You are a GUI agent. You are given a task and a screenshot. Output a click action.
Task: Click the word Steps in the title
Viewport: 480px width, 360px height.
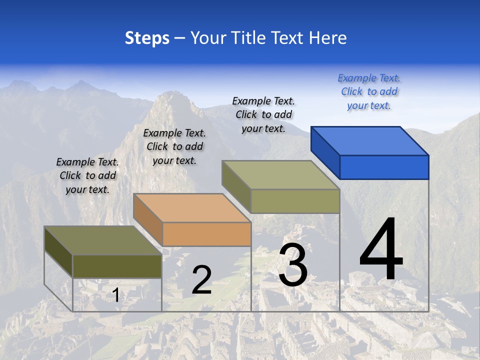point(147,38)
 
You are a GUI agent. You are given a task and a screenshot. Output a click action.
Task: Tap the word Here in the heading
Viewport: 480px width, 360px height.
point(327,38)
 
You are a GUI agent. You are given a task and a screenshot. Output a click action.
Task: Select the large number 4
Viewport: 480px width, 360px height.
point(381,250)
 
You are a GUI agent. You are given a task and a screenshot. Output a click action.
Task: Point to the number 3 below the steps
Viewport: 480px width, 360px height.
point(293,265)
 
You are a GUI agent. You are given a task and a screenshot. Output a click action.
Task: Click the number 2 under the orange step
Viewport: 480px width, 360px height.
point(201,280)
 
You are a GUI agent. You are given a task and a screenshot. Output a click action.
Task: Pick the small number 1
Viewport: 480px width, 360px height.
point(115,295)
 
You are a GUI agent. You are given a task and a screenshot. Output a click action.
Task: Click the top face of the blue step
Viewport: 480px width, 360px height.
point(370,140)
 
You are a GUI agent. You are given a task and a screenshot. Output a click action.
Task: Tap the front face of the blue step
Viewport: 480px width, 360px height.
point(384,167)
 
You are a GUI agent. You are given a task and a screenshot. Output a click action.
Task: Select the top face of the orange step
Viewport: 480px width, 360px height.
point(191,207)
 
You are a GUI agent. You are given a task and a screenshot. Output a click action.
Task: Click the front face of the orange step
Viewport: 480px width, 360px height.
point(206,234)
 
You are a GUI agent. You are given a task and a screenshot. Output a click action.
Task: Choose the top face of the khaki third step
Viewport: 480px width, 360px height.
point(280,175)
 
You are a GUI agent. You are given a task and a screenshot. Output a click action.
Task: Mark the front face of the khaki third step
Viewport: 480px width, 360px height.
point(295,201)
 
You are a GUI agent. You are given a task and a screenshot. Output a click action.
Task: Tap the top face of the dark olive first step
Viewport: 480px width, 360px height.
point(103,240)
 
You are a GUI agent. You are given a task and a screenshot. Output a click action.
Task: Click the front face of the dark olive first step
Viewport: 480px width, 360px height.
point(117,266)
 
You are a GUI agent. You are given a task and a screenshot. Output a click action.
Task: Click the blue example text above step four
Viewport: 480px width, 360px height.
point(369,92)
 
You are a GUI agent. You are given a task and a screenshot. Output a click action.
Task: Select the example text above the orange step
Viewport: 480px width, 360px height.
point(174,146)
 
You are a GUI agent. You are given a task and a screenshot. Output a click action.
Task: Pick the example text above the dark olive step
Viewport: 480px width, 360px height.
point(87,175)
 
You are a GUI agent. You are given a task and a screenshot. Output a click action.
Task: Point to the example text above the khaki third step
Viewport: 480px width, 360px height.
point(263,114)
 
